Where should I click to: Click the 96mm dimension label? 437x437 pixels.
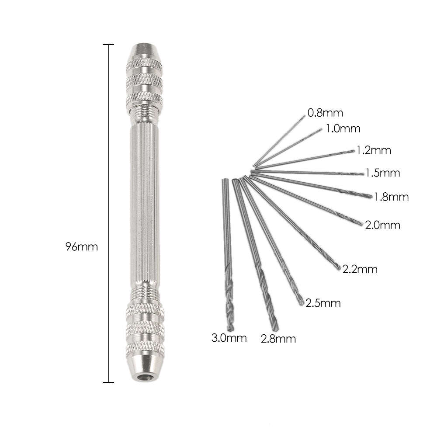pos(81,246)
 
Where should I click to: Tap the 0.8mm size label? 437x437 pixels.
pos(325,113)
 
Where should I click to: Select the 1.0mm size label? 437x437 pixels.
pos(343,129)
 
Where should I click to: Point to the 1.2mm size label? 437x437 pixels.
pos(374,151)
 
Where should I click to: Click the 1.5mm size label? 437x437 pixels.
pos(383,173)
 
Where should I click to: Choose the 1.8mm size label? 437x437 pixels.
pos(392,197)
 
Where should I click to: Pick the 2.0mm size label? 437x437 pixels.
pos(383,225)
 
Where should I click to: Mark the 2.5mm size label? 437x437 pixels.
pos(323,303)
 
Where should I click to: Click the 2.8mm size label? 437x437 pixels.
pos(278,338)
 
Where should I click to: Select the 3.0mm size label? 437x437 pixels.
pos(229,337)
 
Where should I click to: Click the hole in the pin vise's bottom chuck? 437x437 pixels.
pos(145,377)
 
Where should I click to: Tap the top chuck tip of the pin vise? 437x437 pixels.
pos(145,49)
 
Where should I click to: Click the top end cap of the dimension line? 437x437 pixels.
pos(108,45)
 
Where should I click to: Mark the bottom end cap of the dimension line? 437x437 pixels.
pos(108,382)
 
